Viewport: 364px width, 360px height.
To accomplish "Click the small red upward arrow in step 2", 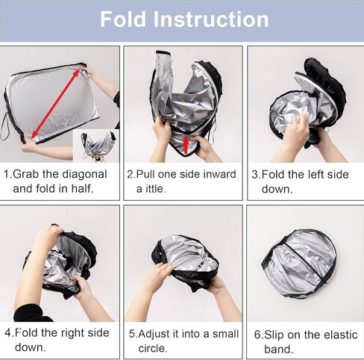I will pos(186,143).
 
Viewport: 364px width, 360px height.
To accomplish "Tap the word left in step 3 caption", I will pos(316,174).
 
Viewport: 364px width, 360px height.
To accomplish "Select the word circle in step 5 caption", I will pos(154,348).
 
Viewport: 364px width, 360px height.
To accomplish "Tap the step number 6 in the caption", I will pos(257,334).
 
